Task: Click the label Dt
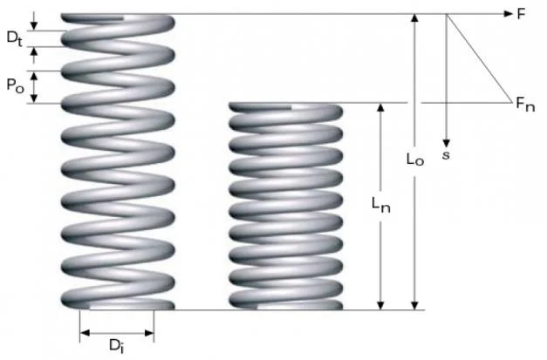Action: [15, 38]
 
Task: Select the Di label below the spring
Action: [117, 346]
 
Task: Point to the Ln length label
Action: [381, 205]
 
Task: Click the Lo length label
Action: [415, 159]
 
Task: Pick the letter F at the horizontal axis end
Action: [521, 14]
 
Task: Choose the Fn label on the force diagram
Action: [525, 105]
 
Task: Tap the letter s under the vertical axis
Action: [446, 155]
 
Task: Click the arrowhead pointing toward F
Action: [509, 14]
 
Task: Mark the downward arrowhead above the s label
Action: [446, 143]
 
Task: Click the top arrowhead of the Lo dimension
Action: [414, 18]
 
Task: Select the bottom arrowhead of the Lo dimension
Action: [414, 305]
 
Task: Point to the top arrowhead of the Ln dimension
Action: [381, 107]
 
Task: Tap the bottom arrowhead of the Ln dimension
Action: [381, 305]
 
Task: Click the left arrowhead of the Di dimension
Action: [85, 333]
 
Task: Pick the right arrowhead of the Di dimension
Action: [149, 333]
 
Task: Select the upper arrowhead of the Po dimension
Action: [34, 77]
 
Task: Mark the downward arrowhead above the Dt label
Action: [33, 25]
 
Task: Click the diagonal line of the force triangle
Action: [479, 58]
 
